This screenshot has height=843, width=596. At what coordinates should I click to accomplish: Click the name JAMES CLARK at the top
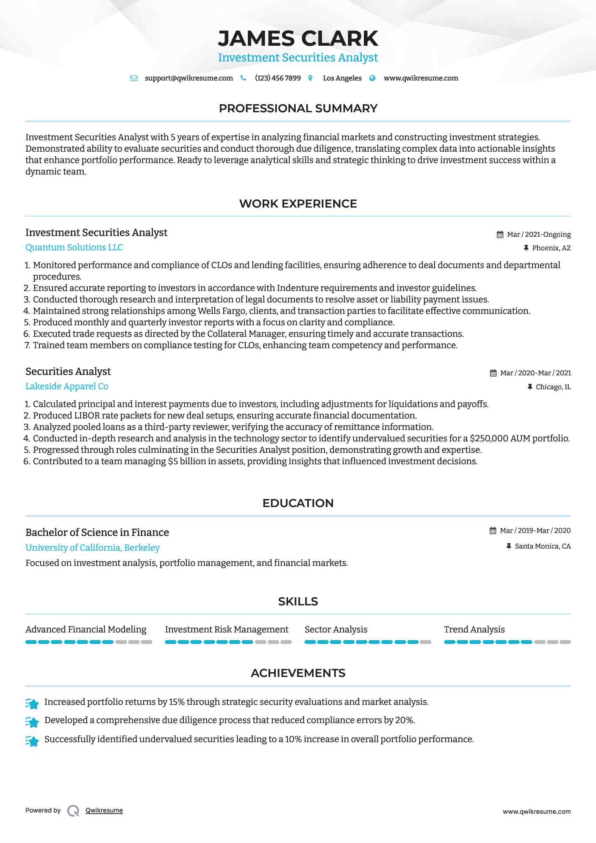pyautogui.click(x=298, y=39)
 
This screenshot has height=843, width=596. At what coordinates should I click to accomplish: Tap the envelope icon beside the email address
pyautogui.click(x=134, y=78)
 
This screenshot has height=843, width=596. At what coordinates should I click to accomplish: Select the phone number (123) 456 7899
pyautogui.click(x=277, y=78)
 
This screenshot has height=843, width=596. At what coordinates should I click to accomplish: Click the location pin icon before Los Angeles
pyautogui.click(x=310, y=78)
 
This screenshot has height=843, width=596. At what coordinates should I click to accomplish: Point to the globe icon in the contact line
pyautogui.click(x=372, y=78)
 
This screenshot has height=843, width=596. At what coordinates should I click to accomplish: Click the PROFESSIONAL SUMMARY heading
pyautogui.click(x=298, y=108)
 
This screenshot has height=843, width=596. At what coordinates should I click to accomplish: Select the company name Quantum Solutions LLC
pyautogui.click(x=74, y=247)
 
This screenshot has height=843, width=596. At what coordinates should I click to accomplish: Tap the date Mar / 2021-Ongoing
pyautogui.click(x=538, y=235)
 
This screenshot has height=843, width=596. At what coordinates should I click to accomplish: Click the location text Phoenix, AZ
pyautogui.click(x=551, y=248)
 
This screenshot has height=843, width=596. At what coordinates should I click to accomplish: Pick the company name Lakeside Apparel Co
pyautogui.click(x=67, y=386)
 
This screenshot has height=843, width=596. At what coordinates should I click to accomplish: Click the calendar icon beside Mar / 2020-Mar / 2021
pyautogui.click(x=493, y=373)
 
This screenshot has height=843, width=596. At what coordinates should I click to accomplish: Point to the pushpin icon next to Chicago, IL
pyautogui.click(x=529, y=387)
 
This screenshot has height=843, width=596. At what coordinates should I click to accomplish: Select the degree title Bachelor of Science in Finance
pyautogui.click(x=97, y=532)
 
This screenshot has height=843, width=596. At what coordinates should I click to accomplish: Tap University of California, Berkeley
pyautogui.click(x=93, y=548)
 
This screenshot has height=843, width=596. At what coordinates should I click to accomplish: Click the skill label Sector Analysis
pyautogui.click(x=336, y=629)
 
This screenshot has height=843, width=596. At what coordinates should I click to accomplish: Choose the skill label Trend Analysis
pyautogui.click(x=474, y=629)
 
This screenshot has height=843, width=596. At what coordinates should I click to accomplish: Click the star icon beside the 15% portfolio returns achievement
pyautogui.click(x=32, y=704)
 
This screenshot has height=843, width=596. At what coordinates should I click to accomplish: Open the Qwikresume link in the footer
pyautogui.click(x=104, y=810)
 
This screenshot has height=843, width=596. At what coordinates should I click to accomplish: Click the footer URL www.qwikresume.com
pyautogui.click(x=537, y=812)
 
